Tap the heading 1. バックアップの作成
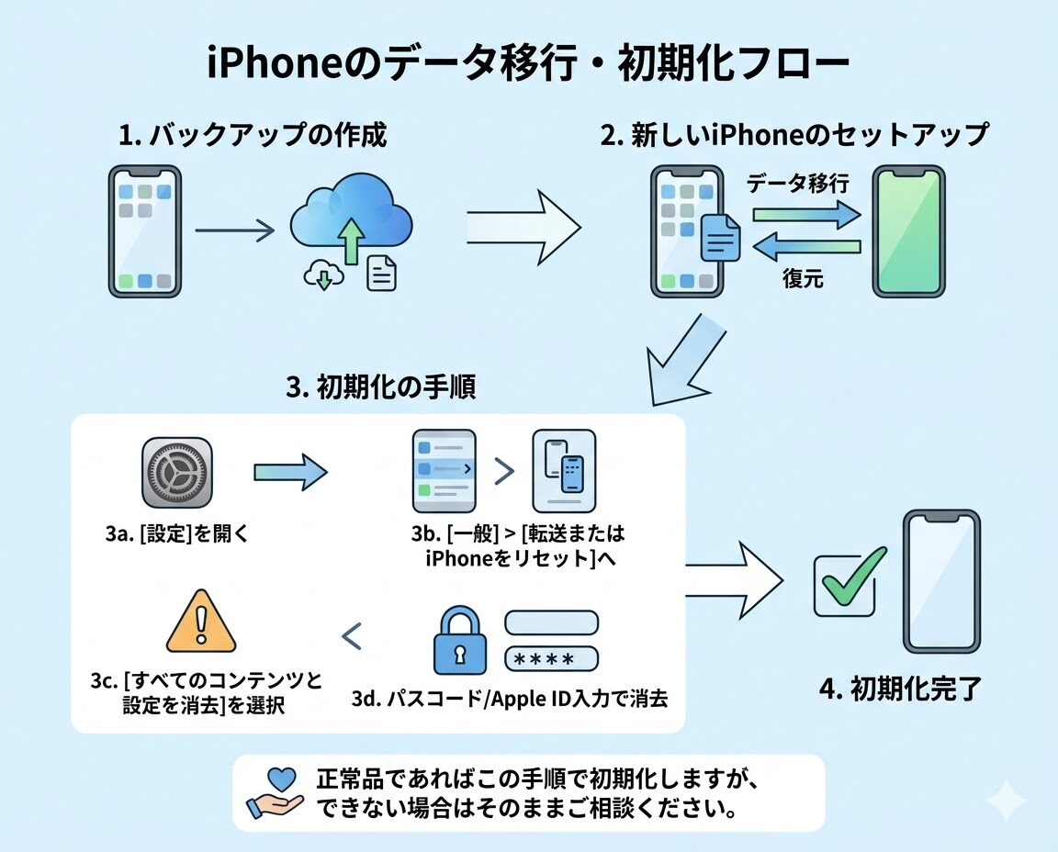[253, 136]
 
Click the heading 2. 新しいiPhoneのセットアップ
[793, 136]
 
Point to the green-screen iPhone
[907, 231]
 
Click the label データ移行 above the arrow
[797, 183]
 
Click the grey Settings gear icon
[177, 473]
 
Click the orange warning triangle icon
[201, 623]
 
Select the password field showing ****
[551, 659]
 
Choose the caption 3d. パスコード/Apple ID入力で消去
[509, 699]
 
